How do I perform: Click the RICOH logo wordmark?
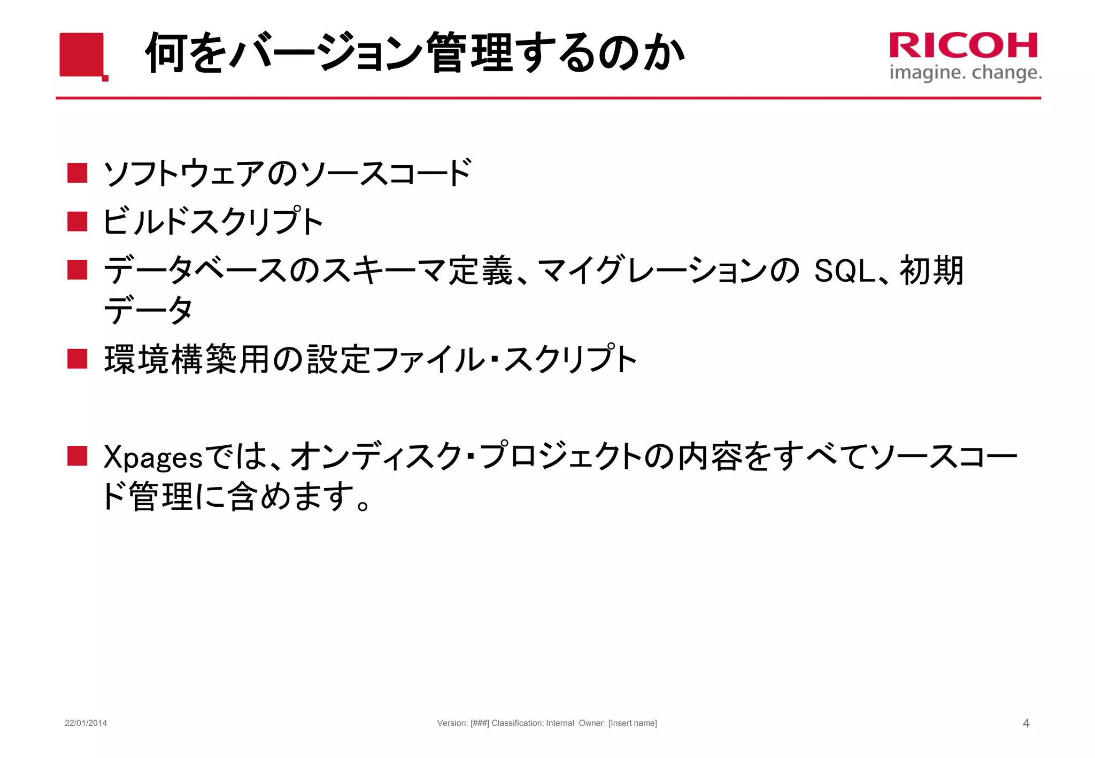[963, 45]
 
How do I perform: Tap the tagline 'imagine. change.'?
[965, 73]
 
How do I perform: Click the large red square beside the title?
[82, 55]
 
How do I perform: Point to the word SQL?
[844, 270]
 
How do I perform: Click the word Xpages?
[153, 458]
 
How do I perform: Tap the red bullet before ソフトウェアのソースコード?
[78, 173]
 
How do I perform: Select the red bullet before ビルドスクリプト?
[78, 221]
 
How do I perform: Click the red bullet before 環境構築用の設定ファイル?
[78, 359]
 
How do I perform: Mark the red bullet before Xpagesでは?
[78, 456]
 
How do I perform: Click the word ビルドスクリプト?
[213, 221]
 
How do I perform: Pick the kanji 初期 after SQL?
[931, 270]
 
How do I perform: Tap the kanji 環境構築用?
[187, 359]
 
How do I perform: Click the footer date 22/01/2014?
[86, 723]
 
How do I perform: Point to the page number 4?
[1025, 723]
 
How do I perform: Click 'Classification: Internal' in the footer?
[533, 723]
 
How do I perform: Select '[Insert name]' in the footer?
[633, 723]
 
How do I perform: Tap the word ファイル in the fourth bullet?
[428, 359]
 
